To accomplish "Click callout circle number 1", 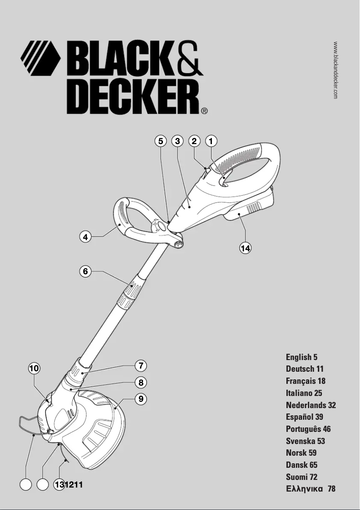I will pos(211,141).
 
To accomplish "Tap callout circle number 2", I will pos(194,141).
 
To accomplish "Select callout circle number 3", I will pos(178,141).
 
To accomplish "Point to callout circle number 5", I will pos(161,141).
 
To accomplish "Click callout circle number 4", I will pos(86,237).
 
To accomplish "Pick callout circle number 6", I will pos(86,271).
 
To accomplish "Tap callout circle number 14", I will pos(245,248).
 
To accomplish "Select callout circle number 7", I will pos(141,365).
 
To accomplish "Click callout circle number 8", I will pos(141,382).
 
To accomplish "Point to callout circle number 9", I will pos(141,399).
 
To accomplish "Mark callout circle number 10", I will pos(34,369).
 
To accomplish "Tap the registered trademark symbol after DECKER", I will pos(204,110).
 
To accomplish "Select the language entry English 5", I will pos(302,357).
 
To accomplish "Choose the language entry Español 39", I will pos(304,417).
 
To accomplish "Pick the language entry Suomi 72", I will pos(302,477).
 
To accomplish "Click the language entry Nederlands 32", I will pos(311,405).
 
